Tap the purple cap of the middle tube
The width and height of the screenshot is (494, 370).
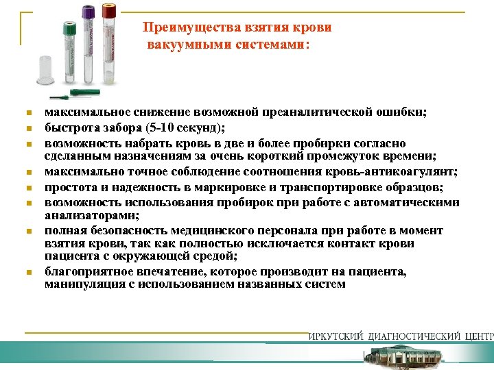(88, 12)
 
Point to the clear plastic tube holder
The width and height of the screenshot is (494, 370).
(45, 67)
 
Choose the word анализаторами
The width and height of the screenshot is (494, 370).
(86, 216)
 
